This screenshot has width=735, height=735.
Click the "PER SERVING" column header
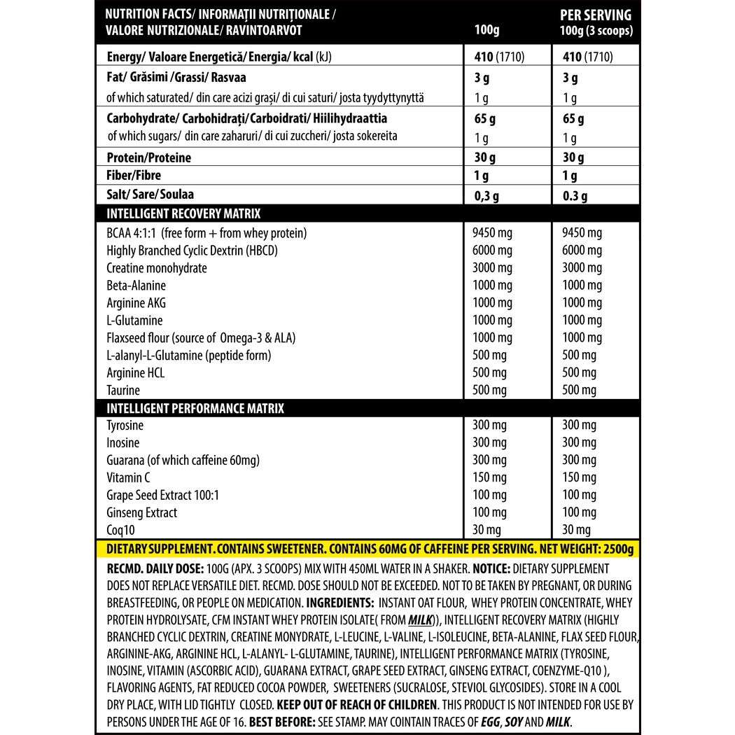[596, 15]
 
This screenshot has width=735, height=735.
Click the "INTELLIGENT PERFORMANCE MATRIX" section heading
[195, 408]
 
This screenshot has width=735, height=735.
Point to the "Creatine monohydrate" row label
[157, 268]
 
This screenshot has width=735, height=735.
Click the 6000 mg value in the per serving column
[582, 251]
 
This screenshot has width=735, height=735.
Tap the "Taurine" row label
[123, 391]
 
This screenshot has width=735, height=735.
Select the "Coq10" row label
[121, 530]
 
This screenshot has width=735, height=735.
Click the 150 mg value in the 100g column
[490, 477]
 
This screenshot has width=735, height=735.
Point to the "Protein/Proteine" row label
[148, 157]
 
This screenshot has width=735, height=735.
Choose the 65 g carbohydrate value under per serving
[573, 119]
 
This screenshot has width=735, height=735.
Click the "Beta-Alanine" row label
[136, 286]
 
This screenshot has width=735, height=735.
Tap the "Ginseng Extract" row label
[141, 512]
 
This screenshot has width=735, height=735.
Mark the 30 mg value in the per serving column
[577, 530]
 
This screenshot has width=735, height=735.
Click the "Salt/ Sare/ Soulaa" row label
[150, 195]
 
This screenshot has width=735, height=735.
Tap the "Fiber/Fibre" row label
[139, 176]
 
